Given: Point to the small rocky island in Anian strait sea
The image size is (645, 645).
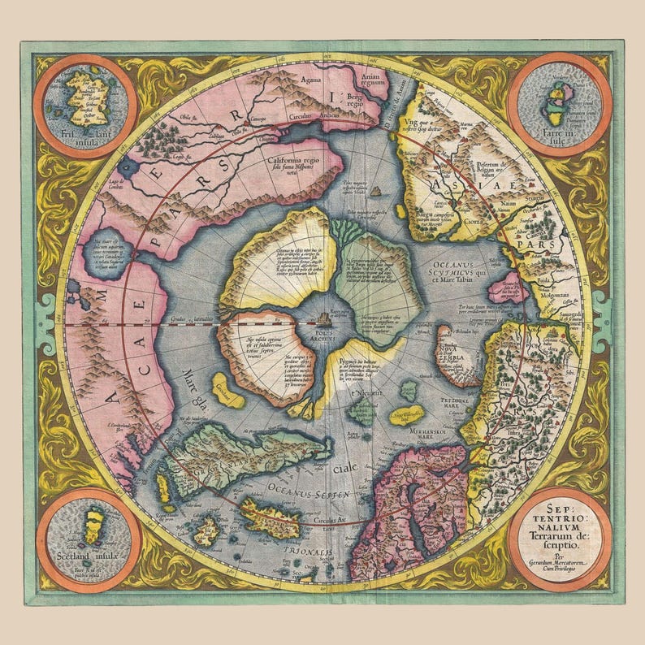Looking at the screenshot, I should pos(376,193).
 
